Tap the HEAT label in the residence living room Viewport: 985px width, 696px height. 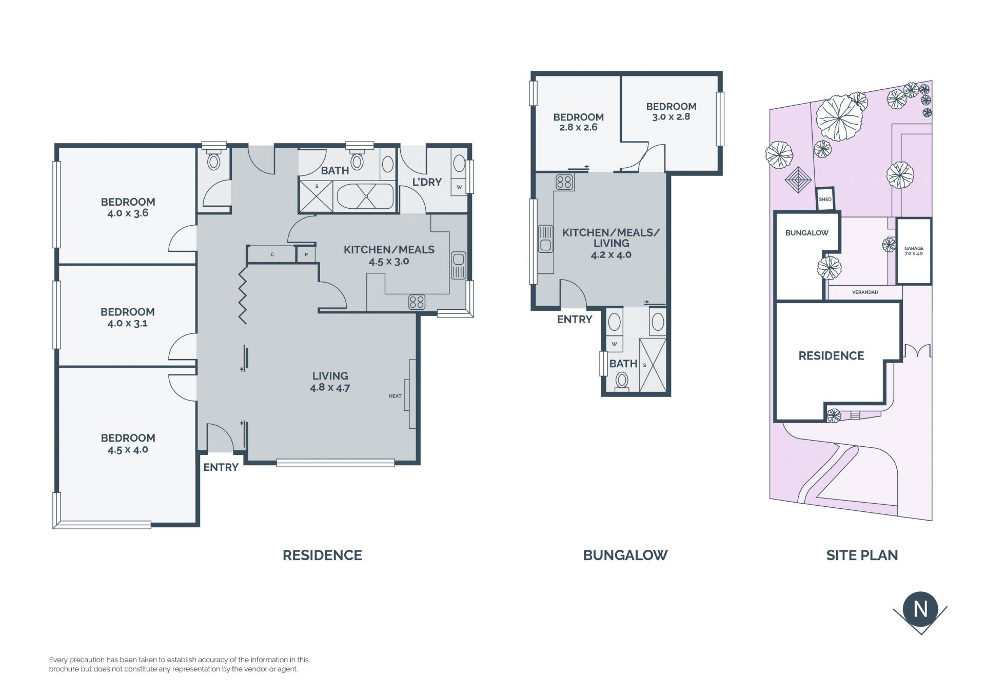click(395, 396)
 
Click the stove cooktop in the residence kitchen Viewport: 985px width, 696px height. click(417, 302)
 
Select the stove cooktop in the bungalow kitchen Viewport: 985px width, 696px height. click(564, 182)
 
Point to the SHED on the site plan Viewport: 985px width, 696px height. click(825, 199)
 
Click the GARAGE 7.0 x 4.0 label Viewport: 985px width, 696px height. click(914, 251)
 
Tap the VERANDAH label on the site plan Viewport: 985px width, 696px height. click(865, 292)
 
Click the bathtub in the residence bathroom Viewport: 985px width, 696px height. click(365, 196)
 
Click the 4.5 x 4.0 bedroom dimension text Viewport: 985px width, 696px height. click(128, 450)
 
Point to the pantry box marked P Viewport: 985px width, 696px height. click(306, 254)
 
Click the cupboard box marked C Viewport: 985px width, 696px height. click(272, 254)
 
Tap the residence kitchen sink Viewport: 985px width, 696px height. click(458, 265)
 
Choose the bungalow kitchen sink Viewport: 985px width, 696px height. click(545, 239)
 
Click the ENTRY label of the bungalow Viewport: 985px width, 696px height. click(575, 320)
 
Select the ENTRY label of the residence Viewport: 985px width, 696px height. click(221, 467)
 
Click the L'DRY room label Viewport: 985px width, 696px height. click(427, 182)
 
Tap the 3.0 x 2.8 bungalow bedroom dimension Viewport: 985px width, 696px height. click(671, 117)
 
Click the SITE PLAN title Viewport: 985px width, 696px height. click(862, 555)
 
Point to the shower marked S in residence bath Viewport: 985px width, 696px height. click(317, 195)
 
